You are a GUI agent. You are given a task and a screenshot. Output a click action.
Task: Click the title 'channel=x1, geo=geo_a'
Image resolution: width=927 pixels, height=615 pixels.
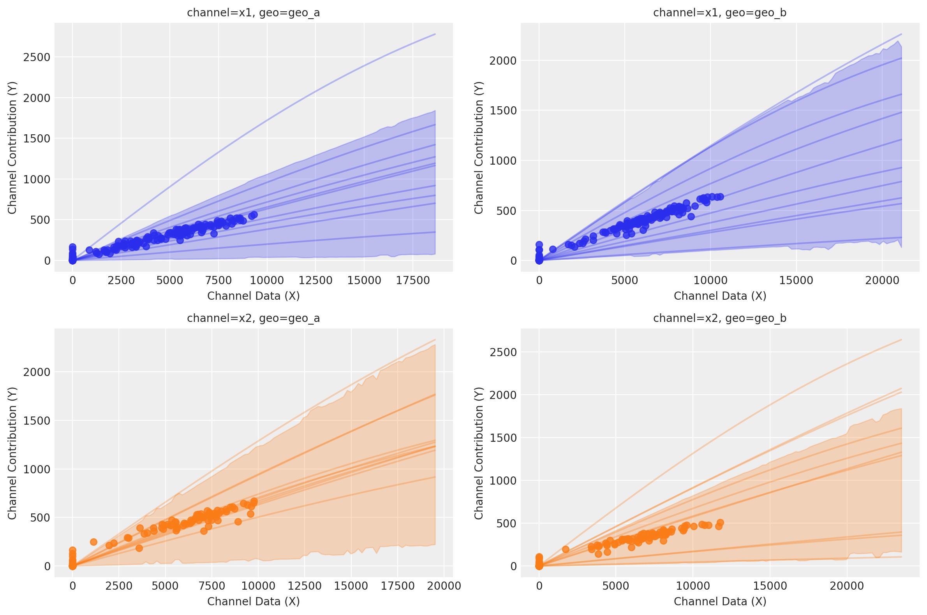coord(253,13)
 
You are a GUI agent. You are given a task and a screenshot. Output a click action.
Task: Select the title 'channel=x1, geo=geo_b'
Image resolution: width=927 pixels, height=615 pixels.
coord(719,13)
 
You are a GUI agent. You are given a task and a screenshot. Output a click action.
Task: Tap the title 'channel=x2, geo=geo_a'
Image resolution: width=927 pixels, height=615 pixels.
coord(253,318)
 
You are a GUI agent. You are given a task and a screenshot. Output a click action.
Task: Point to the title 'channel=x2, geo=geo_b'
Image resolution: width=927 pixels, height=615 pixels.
coord(719,318)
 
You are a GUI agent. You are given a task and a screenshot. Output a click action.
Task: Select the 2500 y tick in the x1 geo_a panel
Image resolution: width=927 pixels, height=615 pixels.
coord(37,57)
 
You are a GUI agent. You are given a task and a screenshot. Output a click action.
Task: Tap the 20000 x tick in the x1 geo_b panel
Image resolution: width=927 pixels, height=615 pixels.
coord(881,280)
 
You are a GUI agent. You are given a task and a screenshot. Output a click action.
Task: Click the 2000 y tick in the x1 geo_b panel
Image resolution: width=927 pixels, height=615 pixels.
coord(503,61)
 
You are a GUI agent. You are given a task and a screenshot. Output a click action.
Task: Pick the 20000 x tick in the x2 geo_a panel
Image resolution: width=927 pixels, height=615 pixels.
coord(444,586)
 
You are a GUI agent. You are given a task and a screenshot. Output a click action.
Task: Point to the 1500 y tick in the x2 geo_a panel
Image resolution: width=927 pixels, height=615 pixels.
coord(37,421)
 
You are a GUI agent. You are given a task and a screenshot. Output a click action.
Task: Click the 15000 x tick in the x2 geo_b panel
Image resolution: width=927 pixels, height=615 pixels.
coord(770,586)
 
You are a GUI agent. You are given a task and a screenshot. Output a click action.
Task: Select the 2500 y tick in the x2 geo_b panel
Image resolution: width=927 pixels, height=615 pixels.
coord(503,352)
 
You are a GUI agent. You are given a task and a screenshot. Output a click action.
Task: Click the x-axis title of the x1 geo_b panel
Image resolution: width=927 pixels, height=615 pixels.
coord(720,296)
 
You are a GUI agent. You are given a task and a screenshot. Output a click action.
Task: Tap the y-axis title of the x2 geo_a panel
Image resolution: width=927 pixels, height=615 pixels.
coord(12,453)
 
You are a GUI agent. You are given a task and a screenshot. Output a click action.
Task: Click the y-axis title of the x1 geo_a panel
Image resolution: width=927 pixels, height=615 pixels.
coord(12,148)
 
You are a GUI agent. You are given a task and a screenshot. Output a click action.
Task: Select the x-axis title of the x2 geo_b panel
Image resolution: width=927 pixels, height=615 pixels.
coord(720,601)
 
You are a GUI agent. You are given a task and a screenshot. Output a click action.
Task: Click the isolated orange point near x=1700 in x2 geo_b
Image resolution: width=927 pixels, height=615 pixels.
coord(566,549)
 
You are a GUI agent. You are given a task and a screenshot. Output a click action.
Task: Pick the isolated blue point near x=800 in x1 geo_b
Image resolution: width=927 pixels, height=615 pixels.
coord(553,249)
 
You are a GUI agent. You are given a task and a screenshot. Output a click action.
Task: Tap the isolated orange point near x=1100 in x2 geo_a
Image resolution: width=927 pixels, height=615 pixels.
coord(93,542)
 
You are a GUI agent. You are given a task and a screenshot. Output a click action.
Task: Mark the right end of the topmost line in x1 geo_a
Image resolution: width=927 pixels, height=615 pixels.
coord(435,34)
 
